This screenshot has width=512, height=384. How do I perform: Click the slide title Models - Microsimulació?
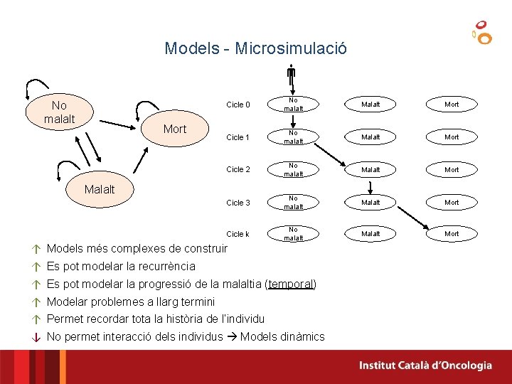[x=256, y=48]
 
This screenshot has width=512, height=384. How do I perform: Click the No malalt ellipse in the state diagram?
[x=59, y=112]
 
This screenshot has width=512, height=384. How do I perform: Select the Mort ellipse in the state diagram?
[x=175, y=129]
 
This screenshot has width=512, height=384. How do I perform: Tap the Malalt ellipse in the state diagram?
[x=100, y=189]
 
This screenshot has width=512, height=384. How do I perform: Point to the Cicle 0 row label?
[x=238, y=105]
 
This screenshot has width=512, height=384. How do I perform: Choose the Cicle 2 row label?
[x=238, y=170]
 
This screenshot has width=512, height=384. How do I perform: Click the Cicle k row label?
[x=238, y=234]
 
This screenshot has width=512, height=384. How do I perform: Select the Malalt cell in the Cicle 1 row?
[x=370, y=137]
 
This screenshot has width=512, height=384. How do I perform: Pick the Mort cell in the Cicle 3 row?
[x=452, y=203]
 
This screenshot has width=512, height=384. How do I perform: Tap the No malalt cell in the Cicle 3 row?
[x=294, y=203]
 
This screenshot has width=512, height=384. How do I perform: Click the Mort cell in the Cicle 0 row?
[x=452, y=105]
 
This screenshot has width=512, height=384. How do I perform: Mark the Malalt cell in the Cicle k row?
[x=370, y=234]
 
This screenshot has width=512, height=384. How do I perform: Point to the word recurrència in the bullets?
[x=163, y=267]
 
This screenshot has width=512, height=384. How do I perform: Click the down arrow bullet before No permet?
[x=36, y=337]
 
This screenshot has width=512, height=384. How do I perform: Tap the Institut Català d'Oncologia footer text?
[x=425, y=366]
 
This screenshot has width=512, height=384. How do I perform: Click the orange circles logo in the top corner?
[x=482, y=32]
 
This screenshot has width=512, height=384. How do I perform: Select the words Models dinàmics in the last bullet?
[x=282, y=337]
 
